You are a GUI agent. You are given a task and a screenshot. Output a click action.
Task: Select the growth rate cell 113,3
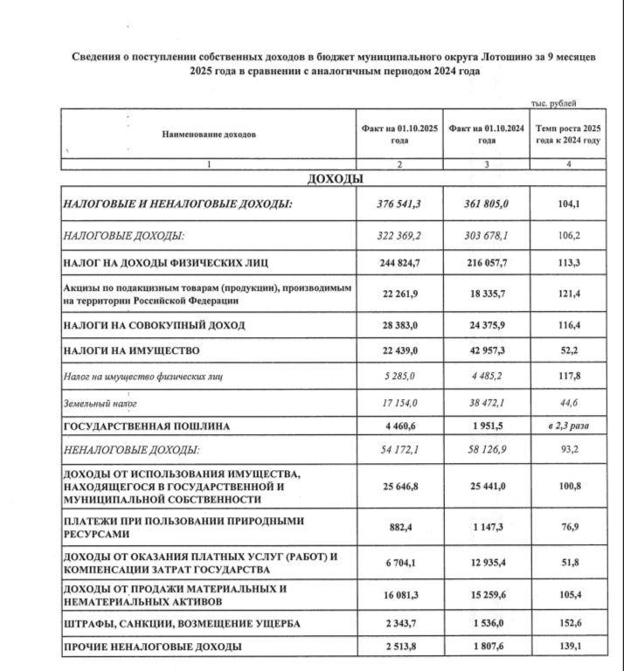click(569, 260)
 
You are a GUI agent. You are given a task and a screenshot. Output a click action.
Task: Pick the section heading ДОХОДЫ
click(333, 179)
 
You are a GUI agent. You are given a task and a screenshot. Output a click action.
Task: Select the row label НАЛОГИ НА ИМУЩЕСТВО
click(132, 351)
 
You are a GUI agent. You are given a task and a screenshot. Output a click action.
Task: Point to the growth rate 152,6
click(569, 624)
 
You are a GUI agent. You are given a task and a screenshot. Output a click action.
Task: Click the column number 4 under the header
click(568, 164)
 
